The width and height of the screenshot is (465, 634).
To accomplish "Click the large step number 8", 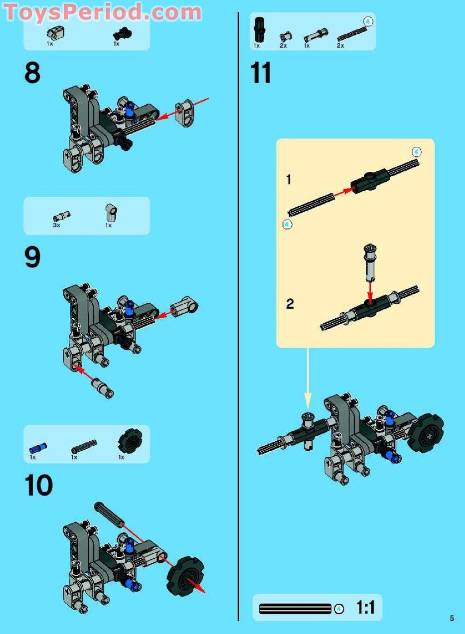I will pyautogui.click(x=32, y=73).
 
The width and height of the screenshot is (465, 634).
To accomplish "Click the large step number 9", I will pyautogui.click(x=32, y=258).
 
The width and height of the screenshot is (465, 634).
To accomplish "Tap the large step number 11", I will pyautogui.click(x=261, y=73).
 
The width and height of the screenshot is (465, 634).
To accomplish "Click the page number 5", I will pyautogui.click(x=452, y=619).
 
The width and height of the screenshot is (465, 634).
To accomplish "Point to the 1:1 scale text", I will pyautogui.click(x=365, y=608).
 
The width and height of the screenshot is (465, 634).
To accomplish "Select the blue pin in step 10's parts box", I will pyautogui.click(x=38, y=446).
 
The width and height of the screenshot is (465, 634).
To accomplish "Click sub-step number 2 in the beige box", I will pyautogui.click(x=290, y=304).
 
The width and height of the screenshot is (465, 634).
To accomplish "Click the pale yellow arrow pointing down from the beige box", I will pyautogui.click(x=308, y=379).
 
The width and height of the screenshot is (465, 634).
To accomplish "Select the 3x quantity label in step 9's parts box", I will pyautogui.click(x=56, y=226).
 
